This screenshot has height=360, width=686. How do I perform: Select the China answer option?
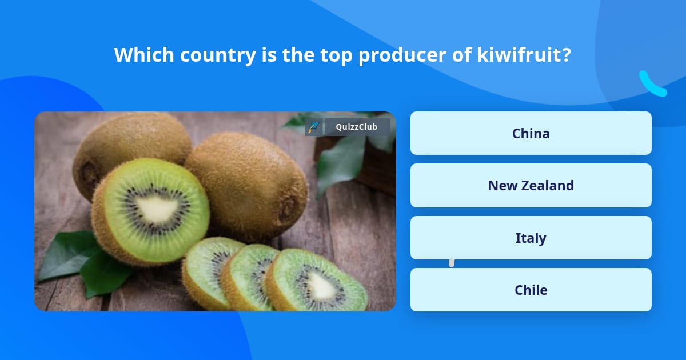point(531,133)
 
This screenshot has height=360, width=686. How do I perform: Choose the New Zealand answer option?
point(531,185)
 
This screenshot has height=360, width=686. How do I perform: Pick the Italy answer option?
point(531,238)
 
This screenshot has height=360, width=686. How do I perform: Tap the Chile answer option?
point(531,290)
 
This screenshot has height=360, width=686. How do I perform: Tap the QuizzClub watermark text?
point(356,127)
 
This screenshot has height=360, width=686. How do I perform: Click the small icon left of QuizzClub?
point(313,127)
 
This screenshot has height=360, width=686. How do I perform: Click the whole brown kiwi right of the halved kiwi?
point(249,183)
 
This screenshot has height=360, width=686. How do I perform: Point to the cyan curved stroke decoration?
point(652,85)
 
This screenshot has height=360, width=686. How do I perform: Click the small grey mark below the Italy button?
point(452,262)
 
